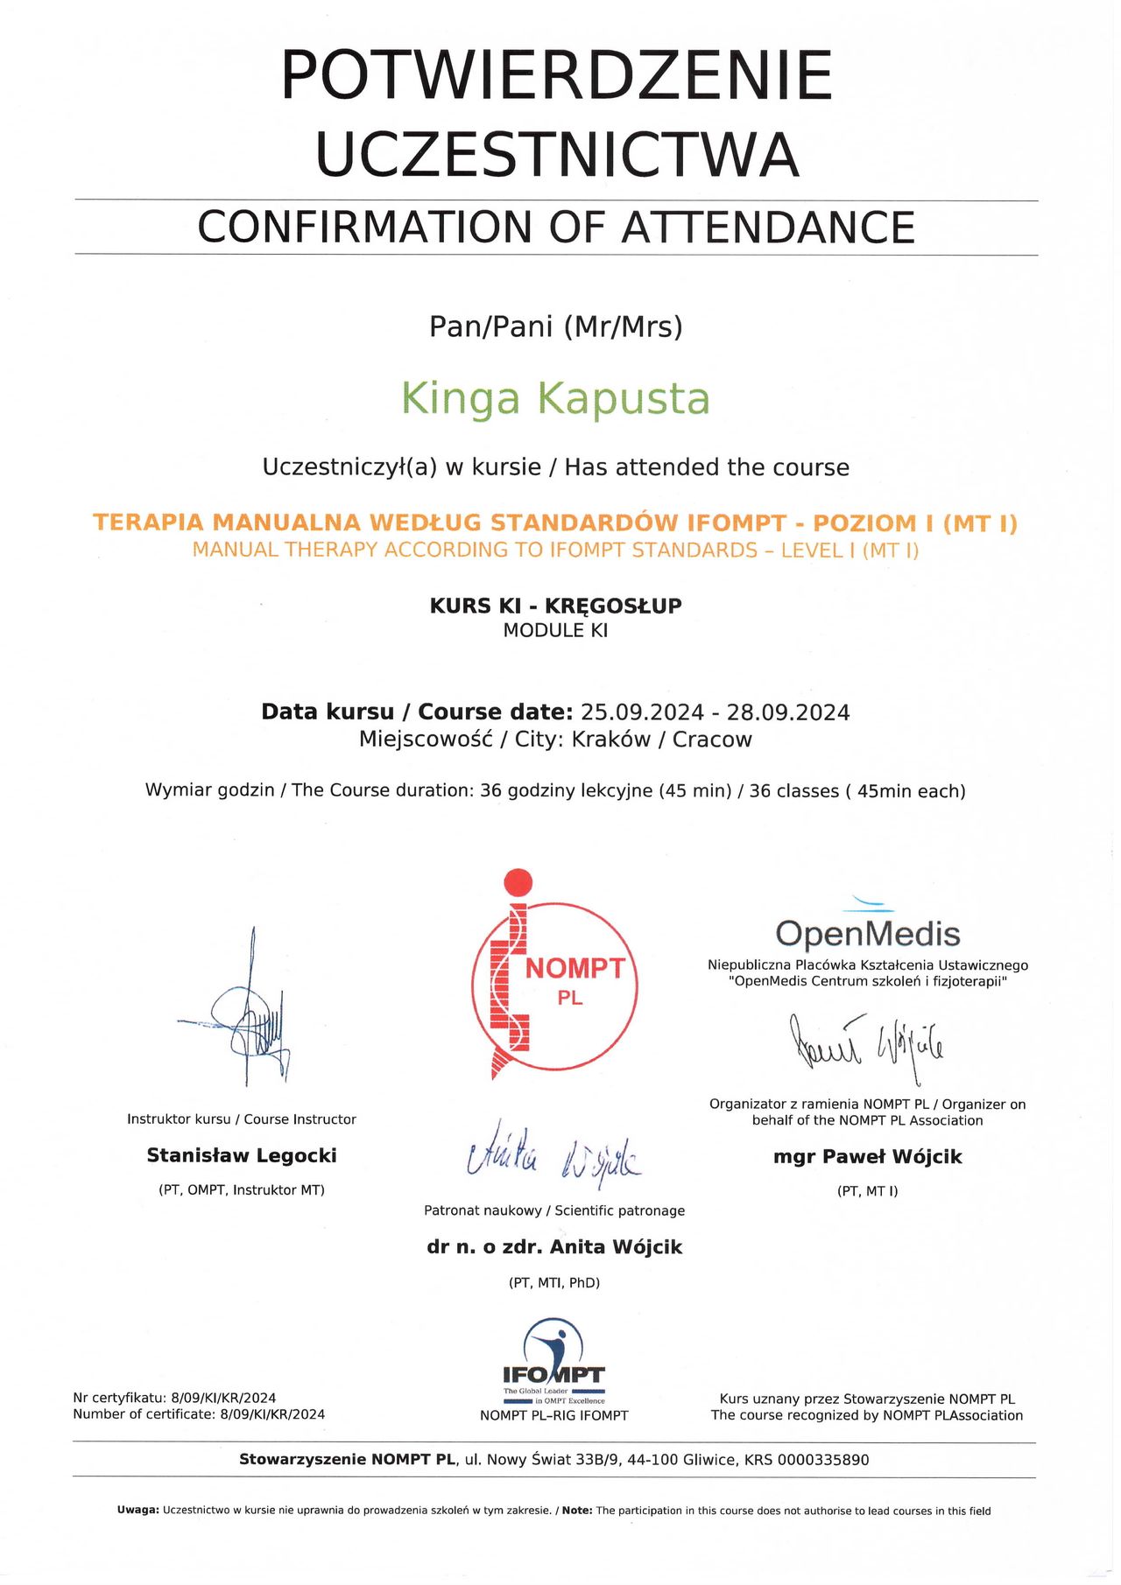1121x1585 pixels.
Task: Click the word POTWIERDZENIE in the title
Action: [556, 76]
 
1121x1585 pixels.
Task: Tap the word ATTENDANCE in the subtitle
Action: [768, 228]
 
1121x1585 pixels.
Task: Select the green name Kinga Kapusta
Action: [555, 398]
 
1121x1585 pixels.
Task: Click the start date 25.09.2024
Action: [642, 712]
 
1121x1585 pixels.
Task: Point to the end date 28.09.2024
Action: [788, 712]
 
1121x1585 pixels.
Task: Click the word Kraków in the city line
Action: [610, 740]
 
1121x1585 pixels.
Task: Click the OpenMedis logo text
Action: [867, 934]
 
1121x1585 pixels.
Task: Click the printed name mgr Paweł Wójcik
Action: [867, 1157]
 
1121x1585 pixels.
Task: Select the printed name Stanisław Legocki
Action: [242, 1155]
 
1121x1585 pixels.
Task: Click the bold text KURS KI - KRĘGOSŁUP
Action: [555, 606]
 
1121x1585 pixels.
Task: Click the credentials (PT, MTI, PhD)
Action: [554, 1283]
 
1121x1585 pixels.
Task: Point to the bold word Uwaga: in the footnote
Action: [138, 1511]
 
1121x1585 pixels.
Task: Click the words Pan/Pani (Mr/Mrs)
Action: [555, 327]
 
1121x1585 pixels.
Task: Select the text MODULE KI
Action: [555, 631]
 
